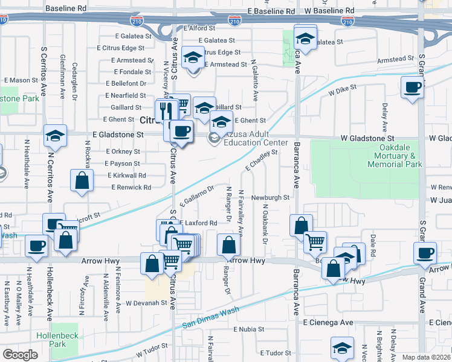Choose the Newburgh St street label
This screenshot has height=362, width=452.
(271, 197)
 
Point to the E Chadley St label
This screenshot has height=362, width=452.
(261, 160)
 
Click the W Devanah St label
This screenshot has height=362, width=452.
(146, 302)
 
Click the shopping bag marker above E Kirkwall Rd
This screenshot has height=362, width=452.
(82, 180)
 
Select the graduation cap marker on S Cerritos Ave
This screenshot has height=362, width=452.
(55, 136)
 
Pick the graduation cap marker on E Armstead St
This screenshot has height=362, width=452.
(193, 58)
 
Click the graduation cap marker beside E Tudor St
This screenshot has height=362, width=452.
(343, 349)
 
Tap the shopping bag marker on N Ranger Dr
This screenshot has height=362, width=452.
(228, 246)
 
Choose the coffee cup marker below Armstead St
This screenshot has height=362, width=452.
(412, 87)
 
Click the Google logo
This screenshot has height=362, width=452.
(19, 355)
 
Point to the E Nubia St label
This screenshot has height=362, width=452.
(249, 329)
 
